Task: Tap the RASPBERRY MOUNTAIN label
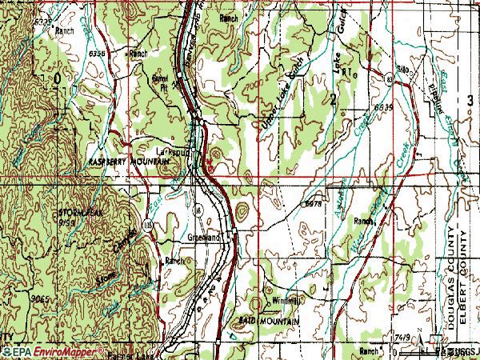click(x=122, y=162)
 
